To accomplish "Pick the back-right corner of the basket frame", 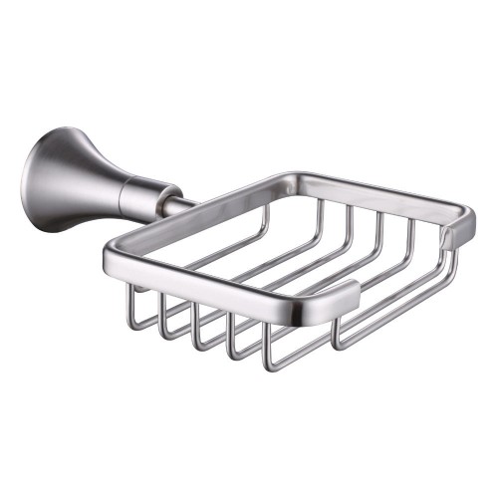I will click(464, 219).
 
